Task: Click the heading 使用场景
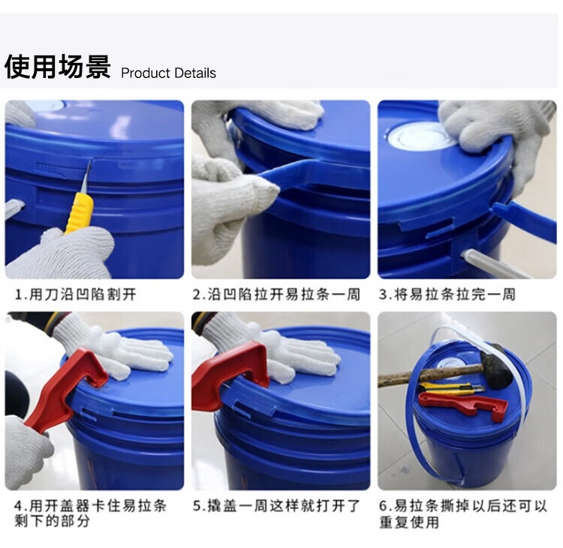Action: [58, 67]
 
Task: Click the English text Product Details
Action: [168, 73]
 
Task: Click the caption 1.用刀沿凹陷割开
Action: [75, 295]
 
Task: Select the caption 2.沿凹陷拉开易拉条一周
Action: [276, 295]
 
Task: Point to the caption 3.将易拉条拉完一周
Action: [447, 295]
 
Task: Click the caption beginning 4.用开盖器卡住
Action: [91, 514]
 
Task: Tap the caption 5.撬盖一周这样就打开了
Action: [276, 506]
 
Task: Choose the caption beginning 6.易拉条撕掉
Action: [463, 514]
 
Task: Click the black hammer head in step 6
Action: [496, 366]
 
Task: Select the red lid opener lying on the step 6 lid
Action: [463, 406]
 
